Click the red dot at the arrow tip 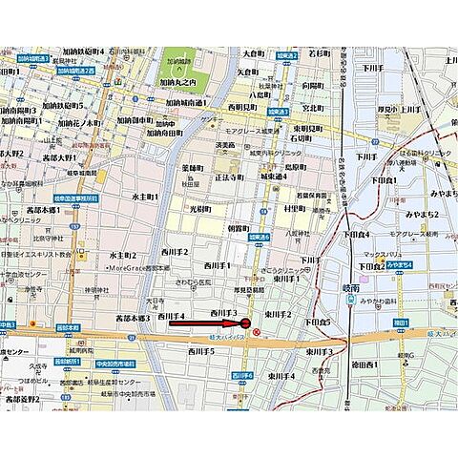coord(245,325)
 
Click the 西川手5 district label coord(198,352)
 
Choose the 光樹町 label coord(199,209)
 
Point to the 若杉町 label coord(318,53)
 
